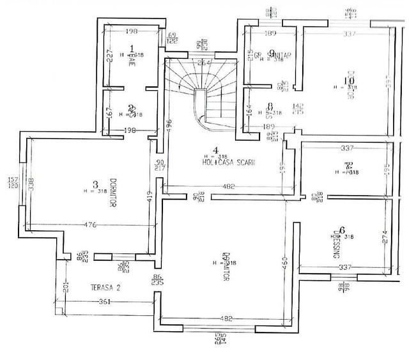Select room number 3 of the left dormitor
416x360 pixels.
click(95, 184)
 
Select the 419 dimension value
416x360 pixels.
click(149, 196)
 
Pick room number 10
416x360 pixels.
click(348, 81)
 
